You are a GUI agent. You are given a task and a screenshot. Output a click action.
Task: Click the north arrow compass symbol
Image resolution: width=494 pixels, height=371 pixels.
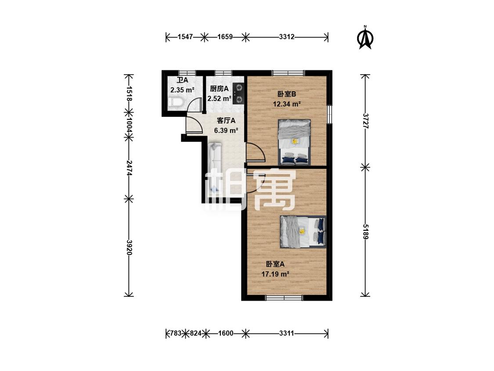pyautogui.click(x=365, y=37)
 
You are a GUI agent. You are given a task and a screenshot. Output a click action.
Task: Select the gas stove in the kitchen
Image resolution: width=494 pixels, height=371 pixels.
pyautogui.click(x=238, y=94)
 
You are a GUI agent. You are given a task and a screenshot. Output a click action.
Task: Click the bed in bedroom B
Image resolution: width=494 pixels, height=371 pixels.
pyautogui.click(x=294, y=142)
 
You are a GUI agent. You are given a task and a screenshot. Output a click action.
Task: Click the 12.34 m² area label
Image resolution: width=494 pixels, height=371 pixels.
pyautogui.click(x=287, y=104)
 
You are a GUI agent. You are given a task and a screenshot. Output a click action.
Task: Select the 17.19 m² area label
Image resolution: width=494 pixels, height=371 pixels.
pyautogui.click(x=275, y=274)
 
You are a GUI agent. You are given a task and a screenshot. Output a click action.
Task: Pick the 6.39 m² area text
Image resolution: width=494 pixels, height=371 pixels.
pyautogui.click(x=226, y=130)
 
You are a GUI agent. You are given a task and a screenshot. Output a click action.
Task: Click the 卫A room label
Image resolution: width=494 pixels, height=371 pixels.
pyautogui.click(x=182, y=80)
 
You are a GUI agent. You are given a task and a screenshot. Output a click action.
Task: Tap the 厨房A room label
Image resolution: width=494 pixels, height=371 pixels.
pyautogui.click(x=219, y=89)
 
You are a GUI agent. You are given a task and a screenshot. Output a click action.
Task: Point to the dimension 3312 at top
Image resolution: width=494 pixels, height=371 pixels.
pyautogui.click(x=287, y=37)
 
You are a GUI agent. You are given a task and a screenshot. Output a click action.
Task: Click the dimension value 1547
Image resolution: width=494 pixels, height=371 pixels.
pyautogui.click(x=185, y=37)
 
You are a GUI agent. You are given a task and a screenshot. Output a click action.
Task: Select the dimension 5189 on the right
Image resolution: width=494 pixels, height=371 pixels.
pyautogui.click(x=365, y=232)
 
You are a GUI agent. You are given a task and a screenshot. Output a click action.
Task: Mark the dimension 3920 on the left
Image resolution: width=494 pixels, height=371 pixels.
pyautogui.click(x=129, y=247)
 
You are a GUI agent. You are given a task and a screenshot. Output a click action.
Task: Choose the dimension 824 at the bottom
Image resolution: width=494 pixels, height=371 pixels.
pyautogui.click(x=195, y=333)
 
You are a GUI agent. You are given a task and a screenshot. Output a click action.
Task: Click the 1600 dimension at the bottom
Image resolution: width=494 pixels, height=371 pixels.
pyautogui.click(x=226, y=333)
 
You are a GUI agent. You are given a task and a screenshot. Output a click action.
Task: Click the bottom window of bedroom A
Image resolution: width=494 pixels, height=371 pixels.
pyautogui.click(x=284, y=297)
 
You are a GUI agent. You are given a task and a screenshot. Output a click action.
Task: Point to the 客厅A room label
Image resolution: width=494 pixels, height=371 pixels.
pyautogui.click(x=226, y=120)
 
